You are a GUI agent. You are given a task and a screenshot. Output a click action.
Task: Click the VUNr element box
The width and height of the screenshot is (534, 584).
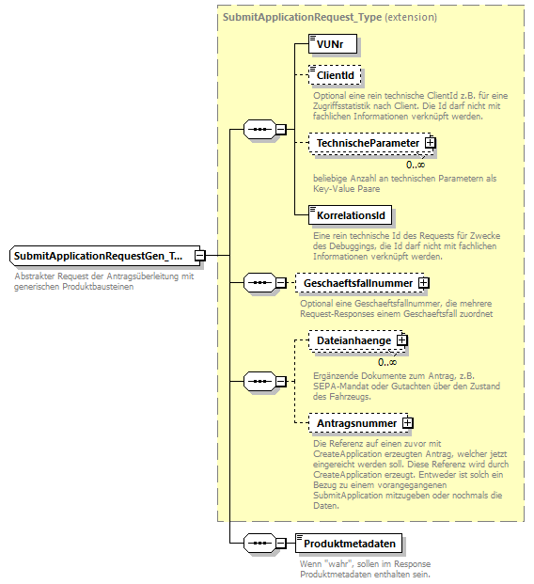[x=332, y=43]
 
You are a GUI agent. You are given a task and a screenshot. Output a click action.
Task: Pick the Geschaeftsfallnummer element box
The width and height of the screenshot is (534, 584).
[x=356, y=281]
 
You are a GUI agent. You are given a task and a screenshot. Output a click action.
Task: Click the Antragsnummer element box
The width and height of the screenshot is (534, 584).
[x=355, y=423]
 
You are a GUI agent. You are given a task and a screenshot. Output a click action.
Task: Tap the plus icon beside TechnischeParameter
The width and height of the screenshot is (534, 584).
[x=431, y=142]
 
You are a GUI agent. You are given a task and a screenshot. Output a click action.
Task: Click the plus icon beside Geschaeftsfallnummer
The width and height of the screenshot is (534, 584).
[x=424, y=281]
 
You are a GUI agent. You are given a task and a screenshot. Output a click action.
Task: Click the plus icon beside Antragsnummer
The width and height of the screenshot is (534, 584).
[x=407, y=423]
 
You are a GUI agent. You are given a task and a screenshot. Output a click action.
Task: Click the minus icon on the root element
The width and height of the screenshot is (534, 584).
[x=200, y=255]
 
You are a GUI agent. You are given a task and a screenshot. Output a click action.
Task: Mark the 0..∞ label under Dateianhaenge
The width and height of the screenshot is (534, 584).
[x=387, y=362]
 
